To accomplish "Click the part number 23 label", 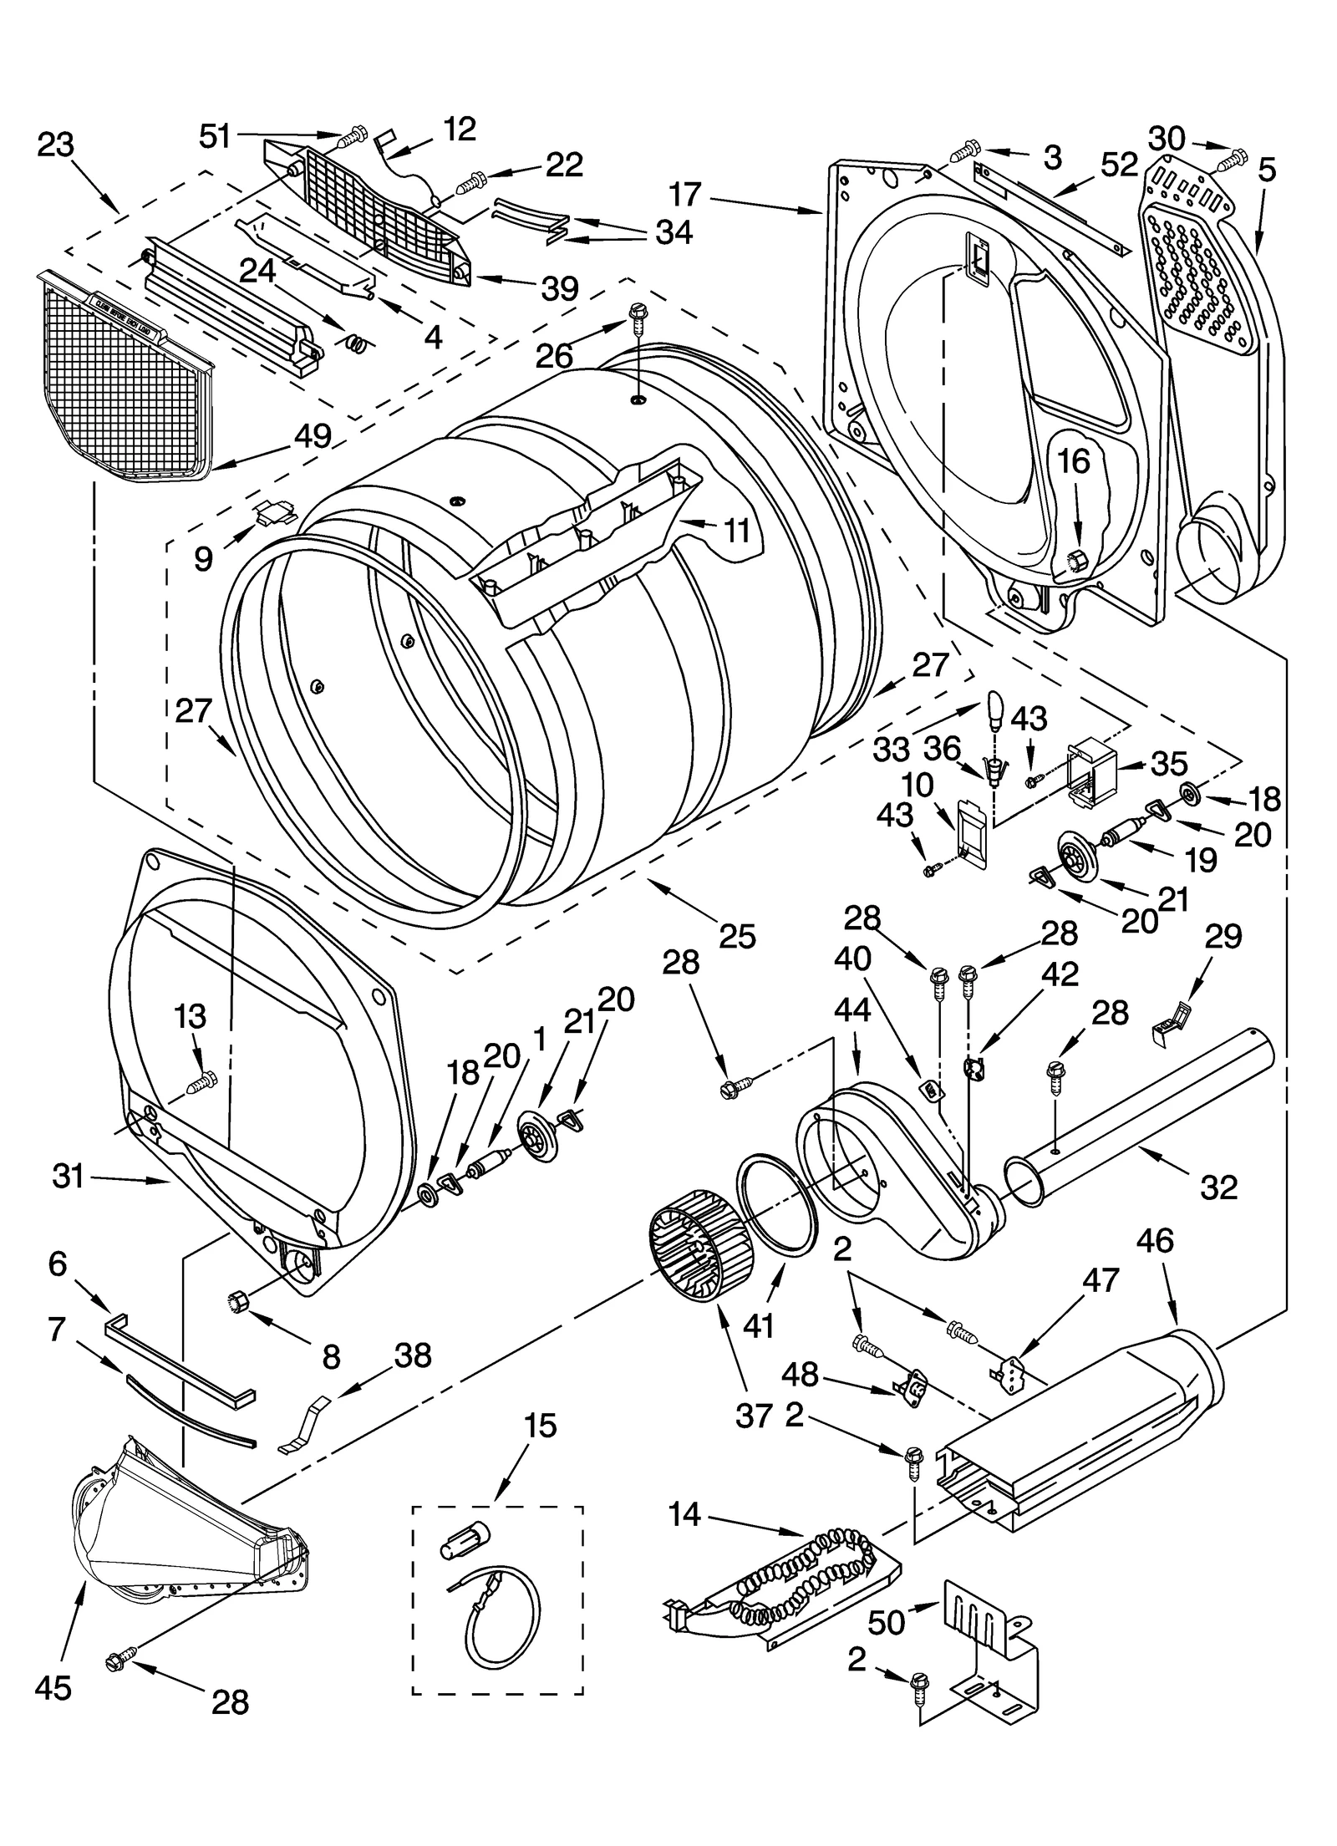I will (55, 145).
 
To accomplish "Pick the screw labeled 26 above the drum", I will (638, 317).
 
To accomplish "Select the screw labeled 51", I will (354, 134).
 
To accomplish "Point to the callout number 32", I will (1218, 1186).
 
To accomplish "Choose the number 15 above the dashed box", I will (540, 1426).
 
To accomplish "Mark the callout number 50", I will (886, 1622).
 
